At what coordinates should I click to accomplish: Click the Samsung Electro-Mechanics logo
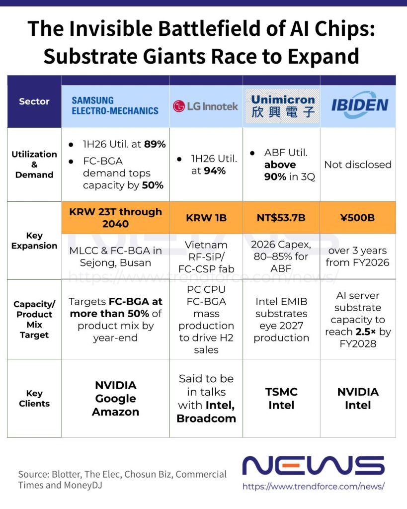click(x=115, y=105)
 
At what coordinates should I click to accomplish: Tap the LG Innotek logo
click(x=205, y=106)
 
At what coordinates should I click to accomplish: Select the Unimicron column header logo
click(x=282, y=106)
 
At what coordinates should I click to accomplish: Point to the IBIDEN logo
click(x=360, y=105)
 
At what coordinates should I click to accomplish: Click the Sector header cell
click(x=34, y=101)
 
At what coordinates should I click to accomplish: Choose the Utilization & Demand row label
click(x=34, y=164)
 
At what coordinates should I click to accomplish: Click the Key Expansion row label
click(x=34, y=241)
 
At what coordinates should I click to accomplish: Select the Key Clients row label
click(x=34, y=398)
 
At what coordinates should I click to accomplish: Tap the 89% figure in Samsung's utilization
click(x=155, y=144)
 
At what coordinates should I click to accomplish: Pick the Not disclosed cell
click(x=358, y=165)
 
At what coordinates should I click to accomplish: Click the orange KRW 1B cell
click(x=206, y=218)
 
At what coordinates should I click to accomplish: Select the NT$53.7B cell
click(x=281, y=218)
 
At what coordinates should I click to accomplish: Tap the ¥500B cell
click(x=358, y=218)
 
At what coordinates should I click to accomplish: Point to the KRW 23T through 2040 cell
click(x=116, y=218)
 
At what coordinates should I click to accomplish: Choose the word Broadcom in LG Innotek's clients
click(x=206, y=419)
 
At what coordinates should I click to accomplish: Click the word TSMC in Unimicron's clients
click(x=281, y=392)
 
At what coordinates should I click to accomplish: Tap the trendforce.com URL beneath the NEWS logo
click(x=314, y=486)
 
